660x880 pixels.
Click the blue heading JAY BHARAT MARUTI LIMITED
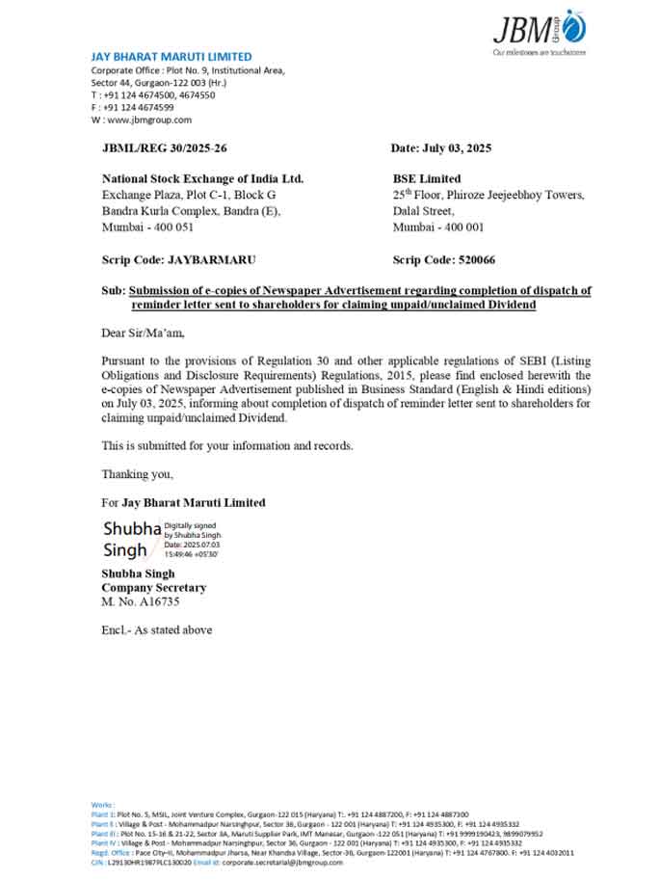[172, 57]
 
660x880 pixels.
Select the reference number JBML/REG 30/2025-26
[165, 147]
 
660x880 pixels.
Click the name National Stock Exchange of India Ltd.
[202, 178]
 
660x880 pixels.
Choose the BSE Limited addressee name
[427, 178]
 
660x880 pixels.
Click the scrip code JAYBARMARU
[212, 260]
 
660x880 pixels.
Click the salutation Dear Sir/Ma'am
[142, 333]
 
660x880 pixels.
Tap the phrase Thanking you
[138, 474]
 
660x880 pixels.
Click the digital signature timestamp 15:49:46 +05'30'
[192, 554]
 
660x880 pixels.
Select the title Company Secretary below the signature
[153, 587]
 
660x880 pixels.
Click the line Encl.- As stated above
[156, 630]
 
